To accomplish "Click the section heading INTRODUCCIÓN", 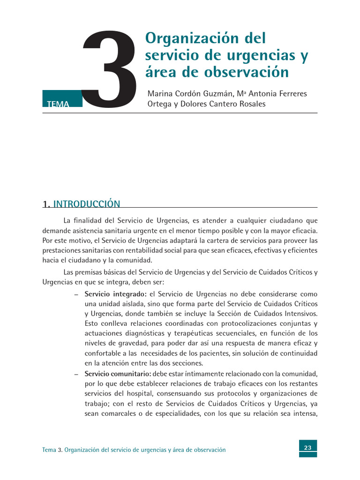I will click(87, 204).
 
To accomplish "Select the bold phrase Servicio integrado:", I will click(116, 294).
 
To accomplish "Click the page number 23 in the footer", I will click(308, 448).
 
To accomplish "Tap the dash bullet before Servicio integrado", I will click(76, 294).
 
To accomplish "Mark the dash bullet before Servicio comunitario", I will click(76, 374).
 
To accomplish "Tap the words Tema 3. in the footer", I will click(52, 450).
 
